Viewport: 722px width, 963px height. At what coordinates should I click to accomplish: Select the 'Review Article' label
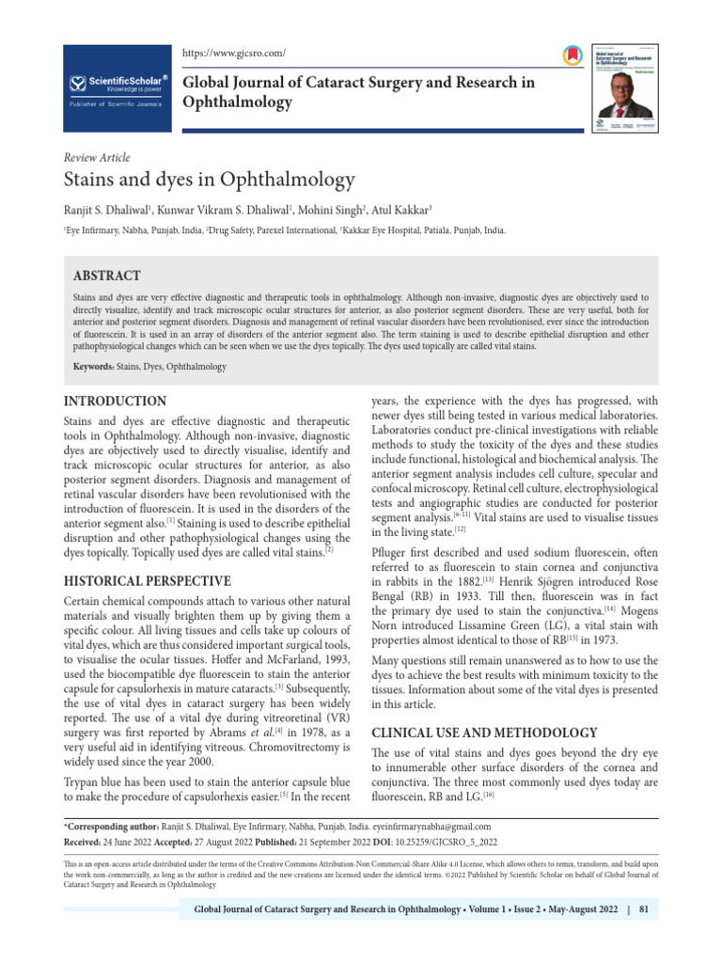pos(96,157)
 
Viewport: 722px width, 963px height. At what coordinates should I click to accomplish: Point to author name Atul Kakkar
pos(403,209)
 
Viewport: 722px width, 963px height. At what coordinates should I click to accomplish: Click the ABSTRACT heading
pos(107,276)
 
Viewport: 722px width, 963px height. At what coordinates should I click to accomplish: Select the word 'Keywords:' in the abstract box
pos(93,366)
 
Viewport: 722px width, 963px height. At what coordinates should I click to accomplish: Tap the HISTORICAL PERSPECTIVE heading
pos(146,580)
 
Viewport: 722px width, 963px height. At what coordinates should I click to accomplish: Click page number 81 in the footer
pos(644,910)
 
